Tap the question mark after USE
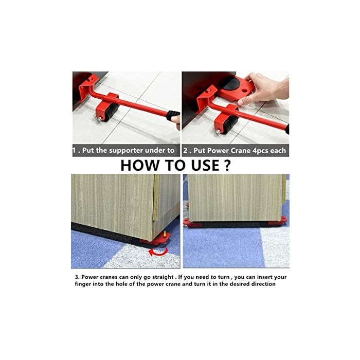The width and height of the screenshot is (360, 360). [x=227, y=165]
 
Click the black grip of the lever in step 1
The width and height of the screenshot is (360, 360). [x=173, y=115]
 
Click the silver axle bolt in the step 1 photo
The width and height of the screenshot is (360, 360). [x=99, y=119]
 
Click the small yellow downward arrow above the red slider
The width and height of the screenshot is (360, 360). [x=165, y=234]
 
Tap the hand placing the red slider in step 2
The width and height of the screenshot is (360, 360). [x=264, y=88]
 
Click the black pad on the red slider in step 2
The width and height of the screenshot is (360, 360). [x=232, y=84]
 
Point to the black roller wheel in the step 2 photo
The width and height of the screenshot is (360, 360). [x=230, y=124]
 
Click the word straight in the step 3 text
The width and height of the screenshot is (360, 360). [x=163, y=277]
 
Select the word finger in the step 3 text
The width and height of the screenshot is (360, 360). [x=82, y=284]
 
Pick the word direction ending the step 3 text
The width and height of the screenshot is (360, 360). [x=263, y=284]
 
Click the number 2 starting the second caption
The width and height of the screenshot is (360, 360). [x=185, y=151]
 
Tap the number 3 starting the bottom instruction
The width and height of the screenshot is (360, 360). [x=77, y=277]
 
